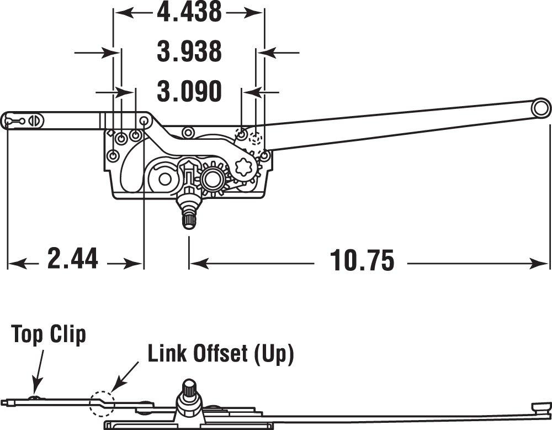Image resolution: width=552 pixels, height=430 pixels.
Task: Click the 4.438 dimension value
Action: click(189, 12)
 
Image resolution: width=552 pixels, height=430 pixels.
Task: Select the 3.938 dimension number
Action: click(189, 51)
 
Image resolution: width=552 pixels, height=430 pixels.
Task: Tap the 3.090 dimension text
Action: click(189, 91)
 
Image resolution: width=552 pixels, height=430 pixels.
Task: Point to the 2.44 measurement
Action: click(73, 259)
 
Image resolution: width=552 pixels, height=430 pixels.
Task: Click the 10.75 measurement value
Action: click(362, 260)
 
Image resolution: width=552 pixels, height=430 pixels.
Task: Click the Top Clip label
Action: click(49, 335)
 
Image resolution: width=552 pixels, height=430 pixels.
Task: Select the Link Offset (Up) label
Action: click(220, 354)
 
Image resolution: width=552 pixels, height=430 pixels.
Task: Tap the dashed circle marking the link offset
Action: click(101, 403)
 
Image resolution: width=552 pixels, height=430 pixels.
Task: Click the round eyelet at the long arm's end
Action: click(541, 108)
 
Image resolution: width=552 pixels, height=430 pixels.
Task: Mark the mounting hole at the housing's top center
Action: click(188, 132)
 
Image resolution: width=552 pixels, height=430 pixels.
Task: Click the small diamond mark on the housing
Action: click(110, 133)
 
